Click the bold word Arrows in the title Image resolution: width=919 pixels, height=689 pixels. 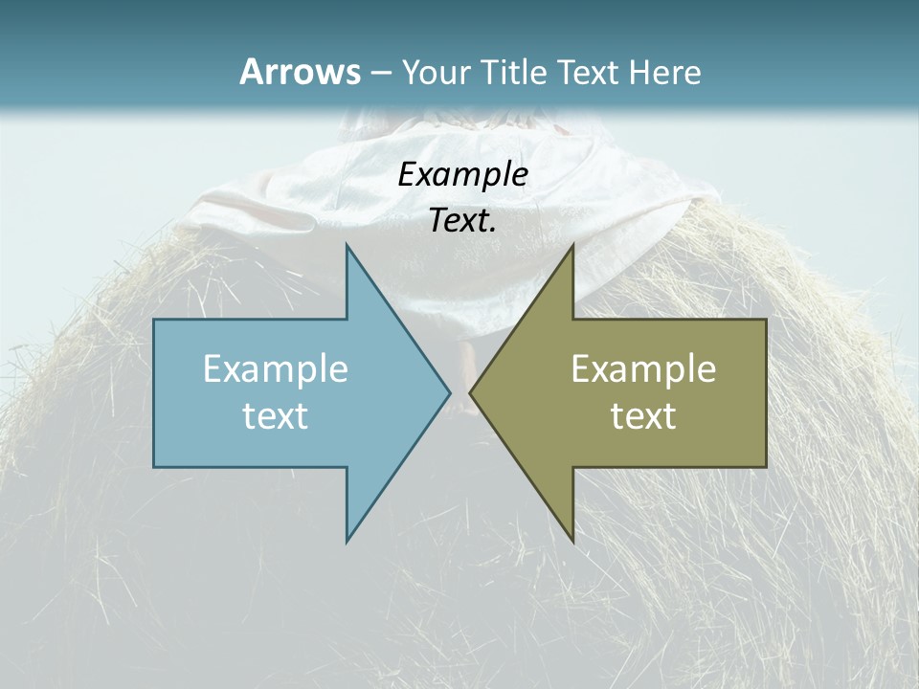point(299,72)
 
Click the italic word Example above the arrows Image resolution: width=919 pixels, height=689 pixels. point(463,175)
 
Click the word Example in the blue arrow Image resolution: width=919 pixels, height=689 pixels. point(276,369)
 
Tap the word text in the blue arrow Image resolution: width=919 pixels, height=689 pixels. point(276,416)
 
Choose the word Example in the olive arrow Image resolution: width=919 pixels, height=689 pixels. point(643,369)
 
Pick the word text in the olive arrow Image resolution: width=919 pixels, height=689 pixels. point(643,416)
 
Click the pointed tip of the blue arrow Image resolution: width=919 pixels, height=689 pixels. point(448,392)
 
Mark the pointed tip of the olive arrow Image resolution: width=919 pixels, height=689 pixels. point(472,392)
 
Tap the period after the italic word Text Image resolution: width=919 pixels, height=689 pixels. point(493,230)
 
